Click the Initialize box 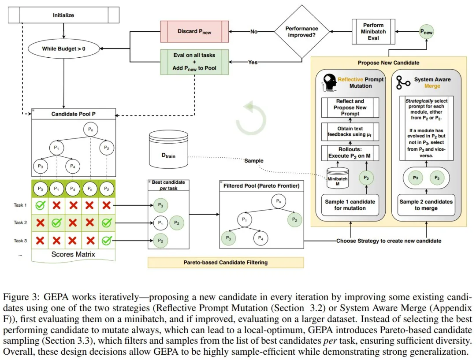(64, 16)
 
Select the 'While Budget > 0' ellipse (64, 49)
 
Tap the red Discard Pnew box (194, 31)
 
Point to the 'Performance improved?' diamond (302, 31)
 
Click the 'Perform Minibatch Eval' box (373, 32)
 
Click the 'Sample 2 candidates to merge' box (426, 204)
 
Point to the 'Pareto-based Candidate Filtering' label (226, 263)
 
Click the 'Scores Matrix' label (73, 254)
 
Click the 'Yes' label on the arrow (253, 63)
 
